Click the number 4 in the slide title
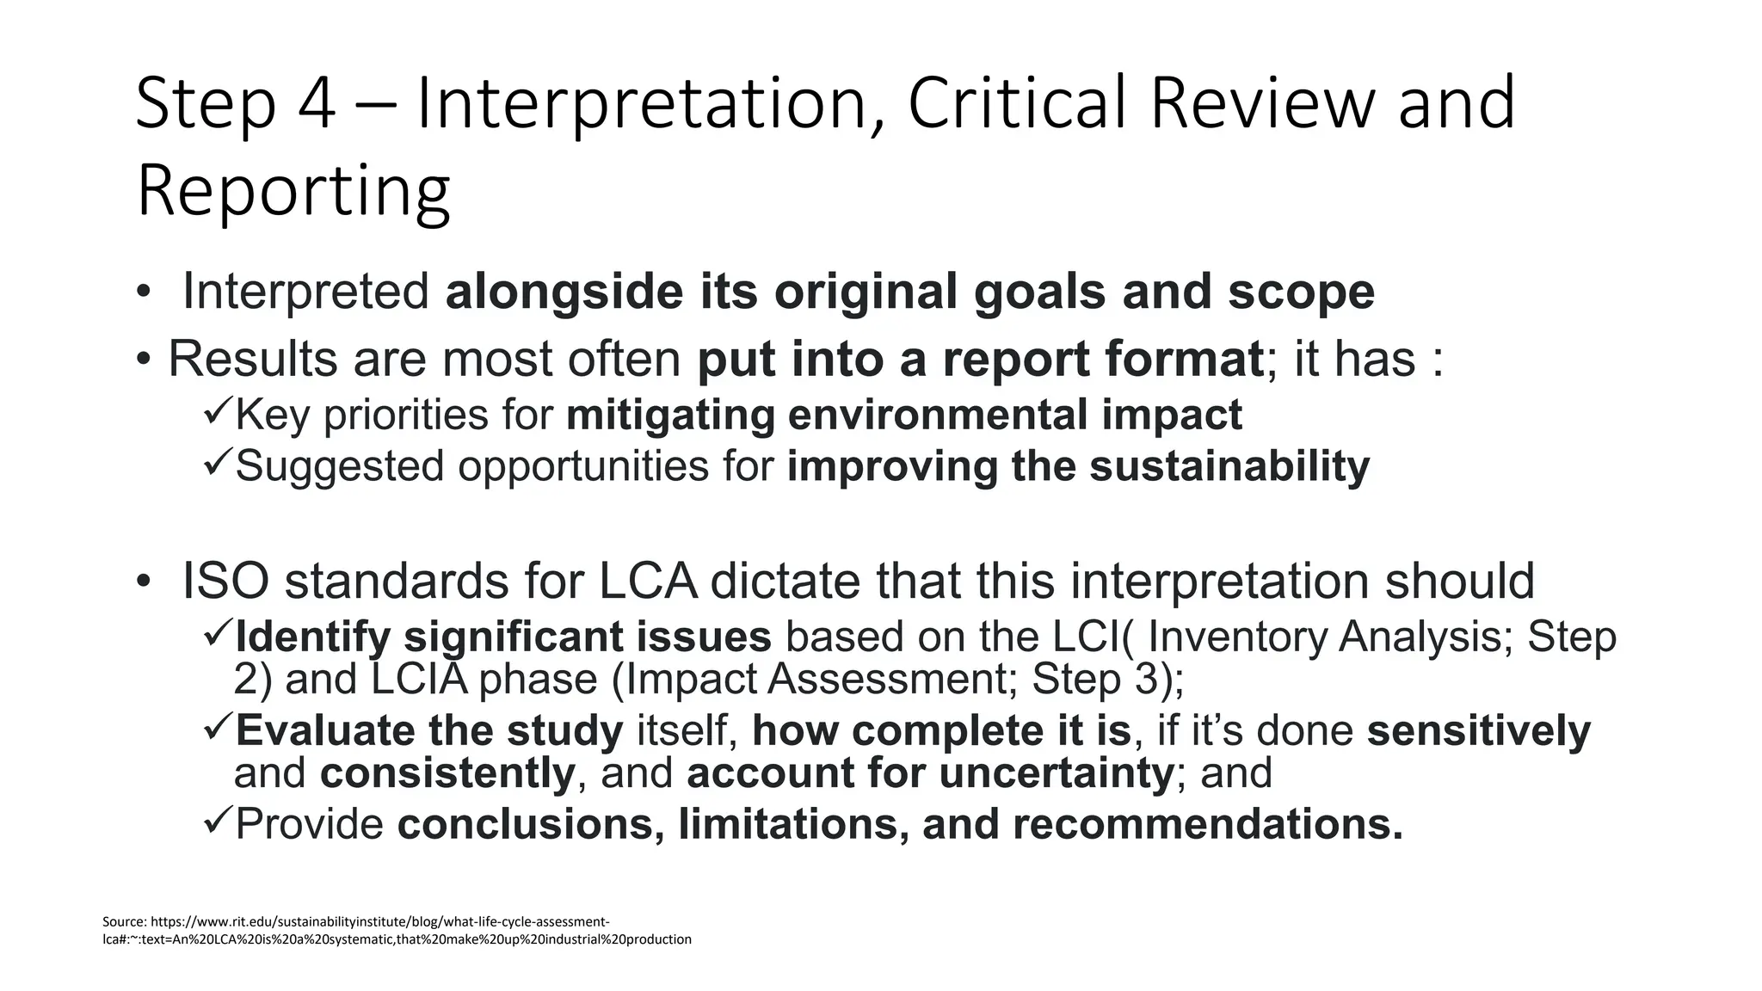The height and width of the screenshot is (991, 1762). (x=317, y=103)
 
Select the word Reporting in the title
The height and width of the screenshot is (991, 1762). (x=293, y=191)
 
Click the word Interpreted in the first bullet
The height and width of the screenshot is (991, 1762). (x=305, y=292)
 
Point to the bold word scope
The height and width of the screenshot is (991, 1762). (x=1301, y=292)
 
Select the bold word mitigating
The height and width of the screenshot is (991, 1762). (x=670, y=415)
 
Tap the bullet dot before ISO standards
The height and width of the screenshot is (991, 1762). (x=143, y=582)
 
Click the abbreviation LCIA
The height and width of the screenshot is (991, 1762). (x=420, y=679)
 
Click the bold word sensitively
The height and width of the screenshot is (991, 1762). (x=1478, y=730)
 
